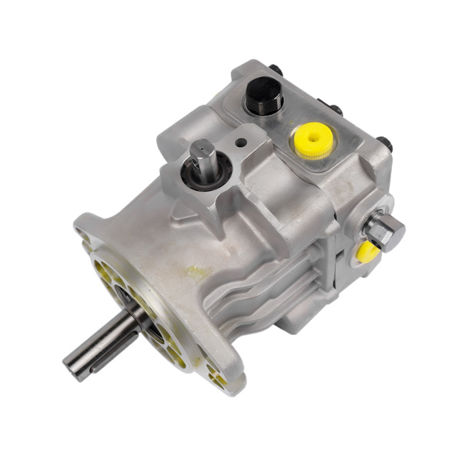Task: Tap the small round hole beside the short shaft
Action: tap(242, 142)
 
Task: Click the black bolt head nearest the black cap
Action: tap(276, 71)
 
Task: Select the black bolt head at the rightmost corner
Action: tap(383, 144)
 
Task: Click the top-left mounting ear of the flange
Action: tap(86, 227)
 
